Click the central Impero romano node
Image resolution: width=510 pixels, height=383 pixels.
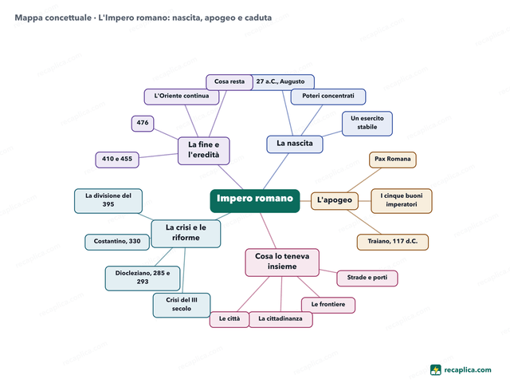pos(255,200)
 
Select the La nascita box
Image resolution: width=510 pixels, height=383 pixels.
pos(295,144)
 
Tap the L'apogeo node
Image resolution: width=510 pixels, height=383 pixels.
pos(335,201)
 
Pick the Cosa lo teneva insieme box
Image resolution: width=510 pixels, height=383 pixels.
pos(282,263)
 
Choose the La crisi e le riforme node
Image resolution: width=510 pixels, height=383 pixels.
pos(186,234)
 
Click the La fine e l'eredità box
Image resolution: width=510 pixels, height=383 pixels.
pos(204,151)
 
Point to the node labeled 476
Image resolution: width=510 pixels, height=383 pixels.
pos(143,124)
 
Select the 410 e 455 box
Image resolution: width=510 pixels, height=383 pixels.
pos(117,160)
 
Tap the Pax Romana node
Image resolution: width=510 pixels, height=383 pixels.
pos(393,160)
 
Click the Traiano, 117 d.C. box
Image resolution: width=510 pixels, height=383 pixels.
pos(393,242)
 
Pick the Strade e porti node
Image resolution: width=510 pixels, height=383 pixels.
pos(367,278)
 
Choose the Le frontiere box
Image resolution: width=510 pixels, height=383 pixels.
pos(328,305)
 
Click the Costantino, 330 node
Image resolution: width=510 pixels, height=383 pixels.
pos(117,242)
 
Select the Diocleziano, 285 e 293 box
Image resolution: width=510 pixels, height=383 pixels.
pos(143,278)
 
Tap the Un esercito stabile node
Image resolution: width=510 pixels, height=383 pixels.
pos(367,124)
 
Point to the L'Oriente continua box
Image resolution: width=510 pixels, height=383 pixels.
pos(182,97)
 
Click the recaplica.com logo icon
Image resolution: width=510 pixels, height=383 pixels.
pos(436,370)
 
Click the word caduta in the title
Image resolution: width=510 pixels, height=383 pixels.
pos(258,18)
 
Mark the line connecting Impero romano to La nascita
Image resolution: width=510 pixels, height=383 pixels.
pos(276,172)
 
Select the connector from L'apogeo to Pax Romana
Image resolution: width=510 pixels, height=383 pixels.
pos(364,180)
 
